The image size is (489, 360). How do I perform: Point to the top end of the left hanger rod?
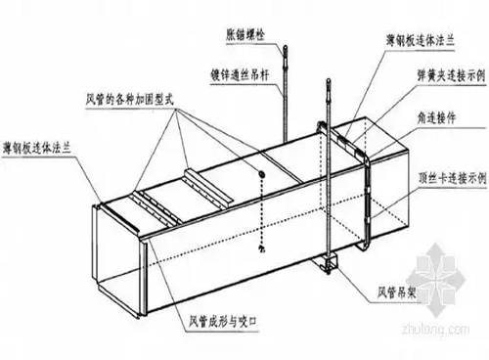click(x=285, y=47)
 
